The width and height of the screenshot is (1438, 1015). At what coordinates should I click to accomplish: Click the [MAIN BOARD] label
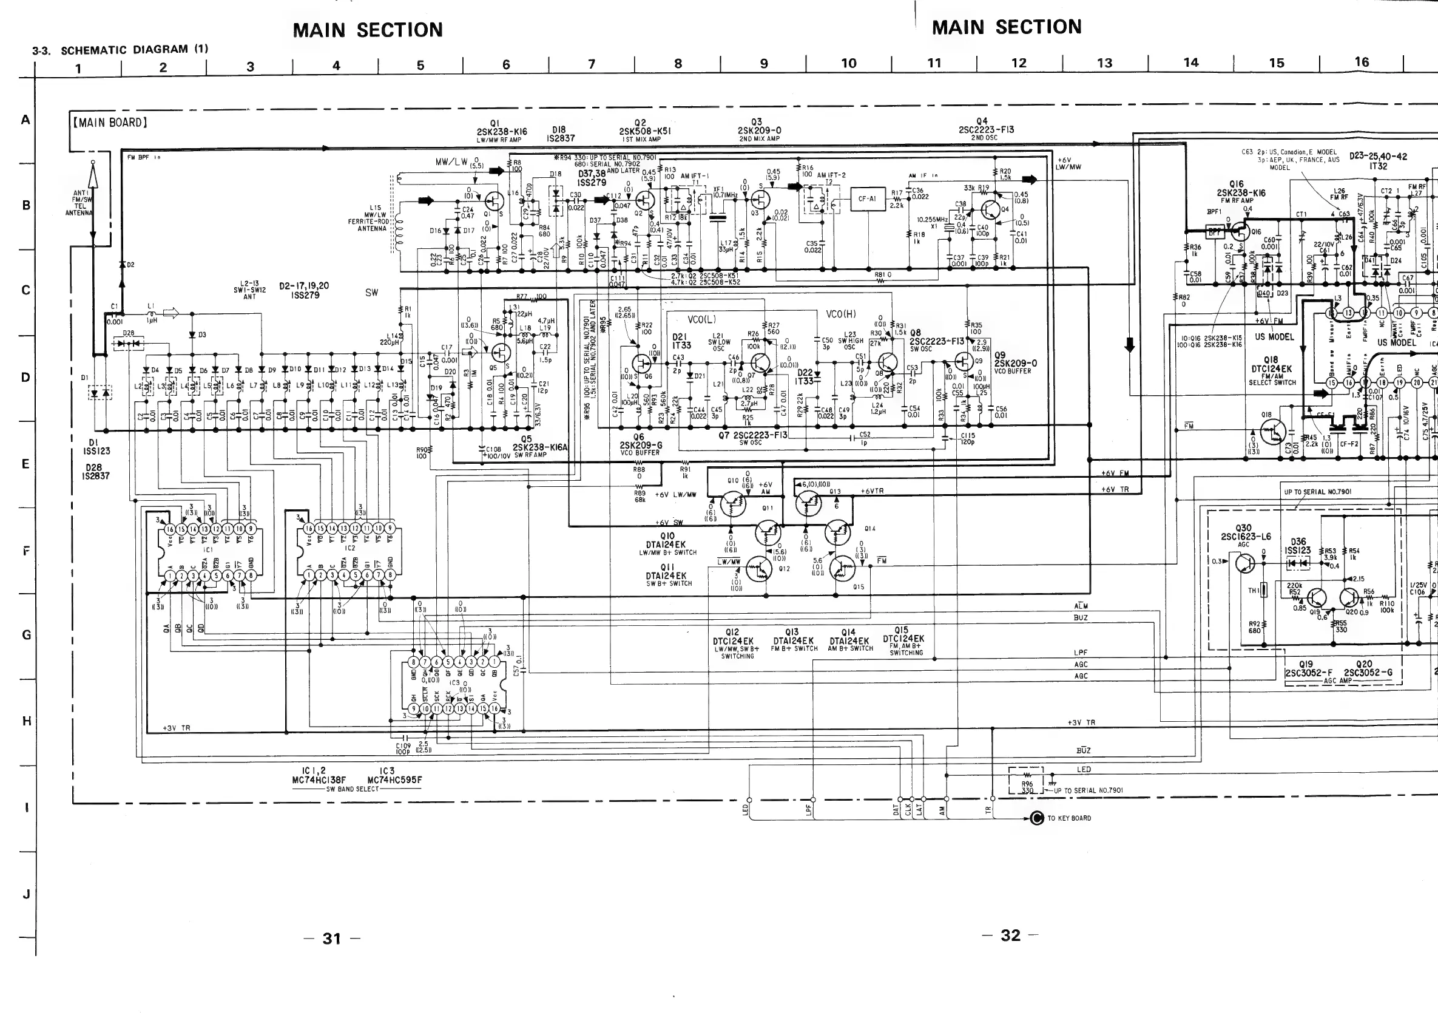[110, 123]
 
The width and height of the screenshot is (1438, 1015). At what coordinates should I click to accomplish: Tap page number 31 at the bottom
[332, 939]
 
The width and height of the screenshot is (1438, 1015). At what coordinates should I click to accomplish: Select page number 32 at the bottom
[1010, 935]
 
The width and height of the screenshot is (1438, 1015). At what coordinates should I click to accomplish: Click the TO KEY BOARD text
[1069, 818]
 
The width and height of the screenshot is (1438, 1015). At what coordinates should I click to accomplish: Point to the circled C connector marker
[1036, 818]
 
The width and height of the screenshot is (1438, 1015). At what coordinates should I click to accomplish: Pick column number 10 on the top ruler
[849, 63]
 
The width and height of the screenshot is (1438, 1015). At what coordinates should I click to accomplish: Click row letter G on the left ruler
[26, 636]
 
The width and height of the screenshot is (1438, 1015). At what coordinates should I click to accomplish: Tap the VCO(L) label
[701, 319]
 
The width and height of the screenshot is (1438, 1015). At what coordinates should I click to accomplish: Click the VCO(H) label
[840, 314]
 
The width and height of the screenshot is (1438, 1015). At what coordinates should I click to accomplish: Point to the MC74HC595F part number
[394, 780]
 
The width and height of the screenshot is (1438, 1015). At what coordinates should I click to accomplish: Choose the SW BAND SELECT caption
[353, 789]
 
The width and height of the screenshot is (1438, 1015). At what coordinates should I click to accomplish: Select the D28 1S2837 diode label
[98, 472]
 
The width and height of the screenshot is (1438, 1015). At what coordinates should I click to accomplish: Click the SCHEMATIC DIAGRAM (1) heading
[134, 50]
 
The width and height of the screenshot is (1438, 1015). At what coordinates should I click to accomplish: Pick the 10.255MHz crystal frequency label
[932, 220]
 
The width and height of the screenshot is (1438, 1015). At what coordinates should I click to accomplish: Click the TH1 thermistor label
[1253, 590]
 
